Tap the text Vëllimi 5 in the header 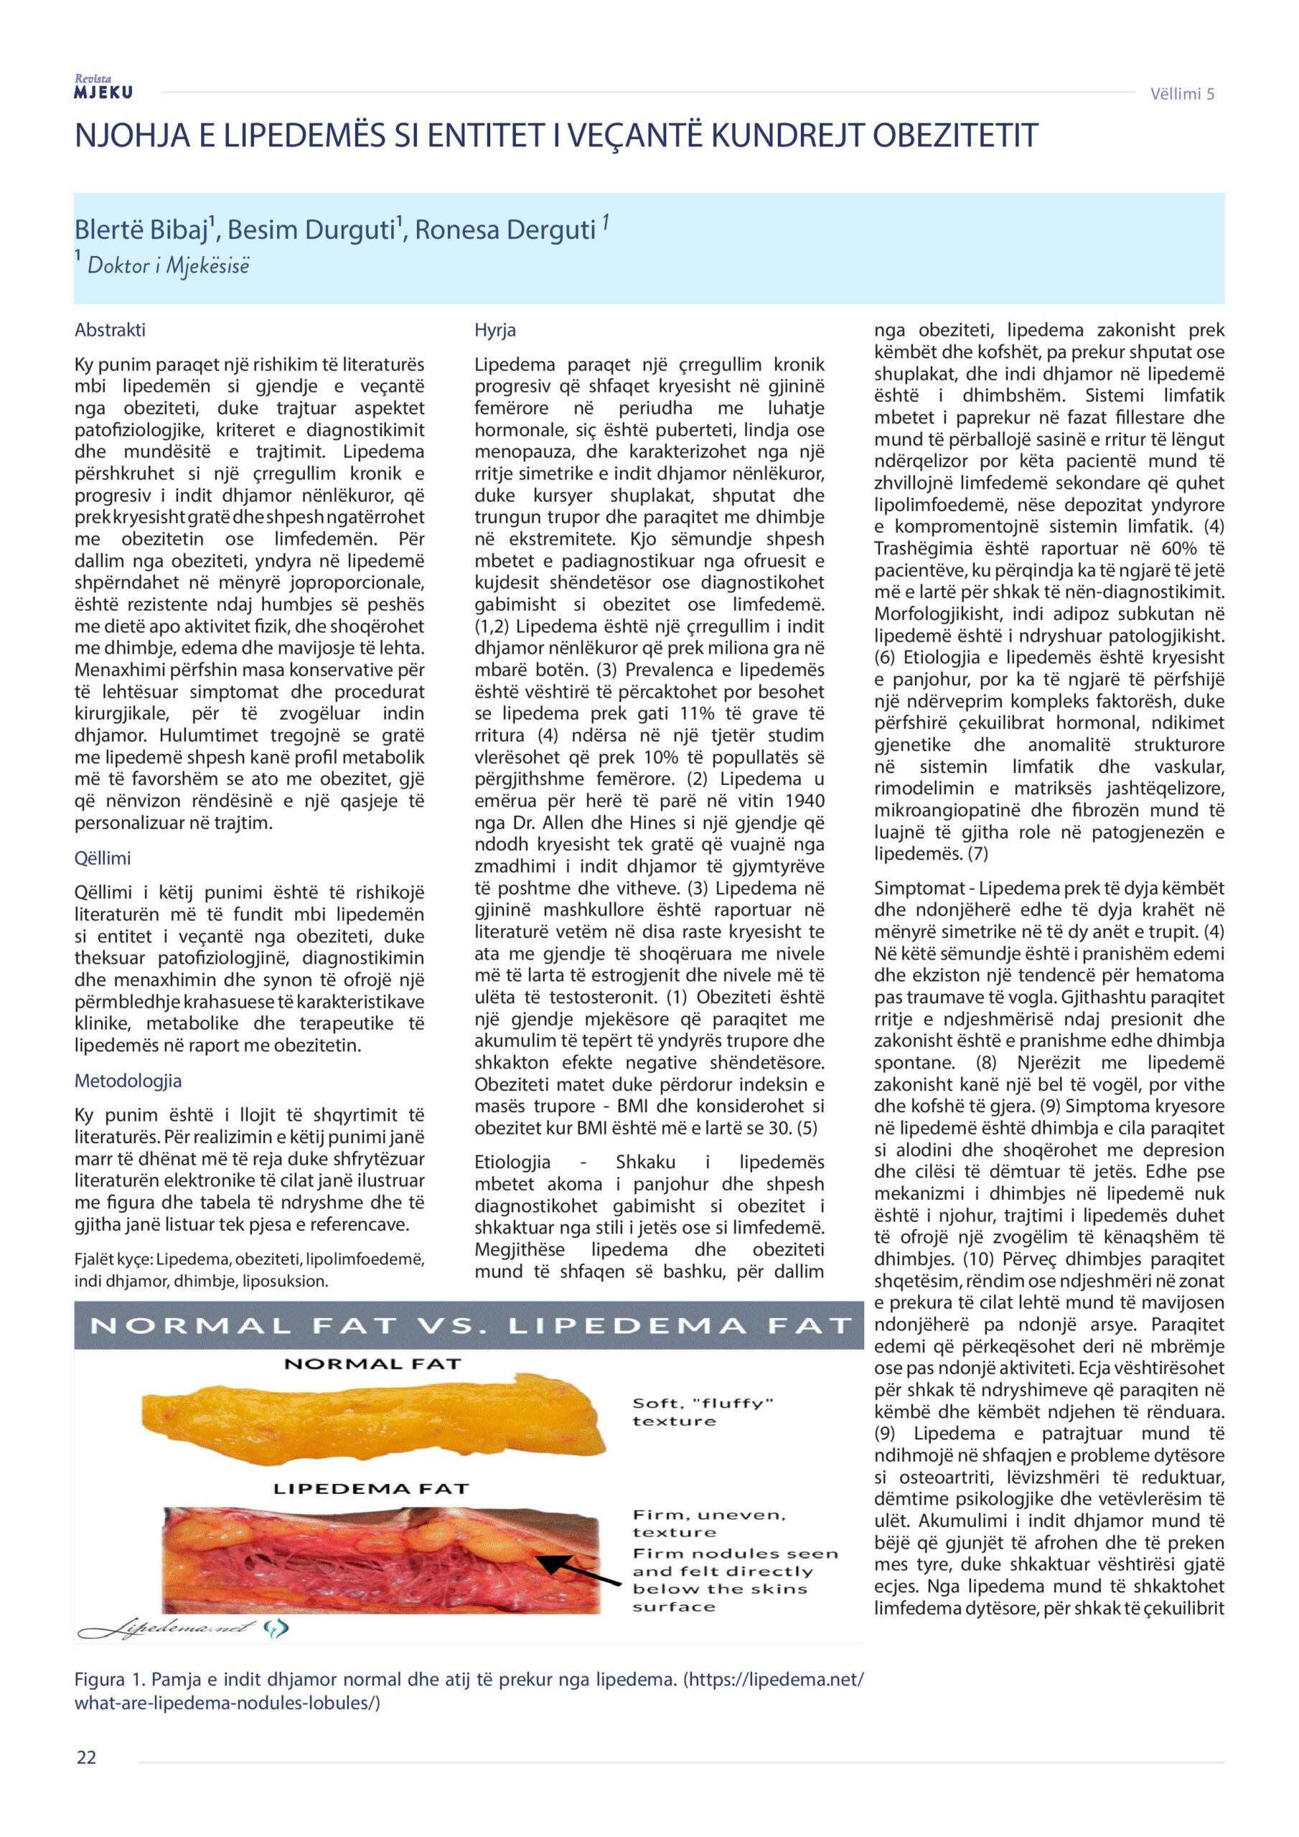[x=1182, y=93]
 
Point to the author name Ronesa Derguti [x=505, y=230]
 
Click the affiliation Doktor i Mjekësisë [x=168, y=266]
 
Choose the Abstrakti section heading [x=110, y=329]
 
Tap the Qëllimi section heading [x=103, y=858]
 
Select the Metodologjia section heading [x=127, y=1081]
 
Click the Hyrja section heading [x=494, y=329]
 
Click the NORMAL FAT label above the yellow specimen [x=373, y=1363]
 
